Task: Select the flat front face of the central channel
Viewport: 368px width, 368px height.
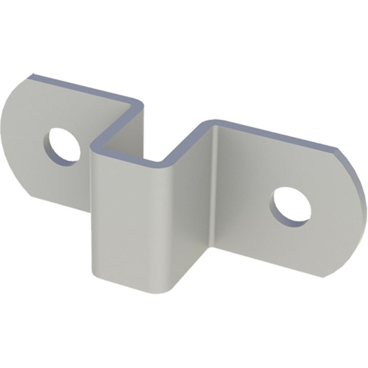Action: tap(129, 221)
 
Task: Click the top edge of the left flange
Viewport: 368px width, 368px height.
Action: tap(81, 84)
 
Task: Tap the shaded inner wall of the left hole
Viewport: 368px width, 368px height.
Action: tap(53, 144)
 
